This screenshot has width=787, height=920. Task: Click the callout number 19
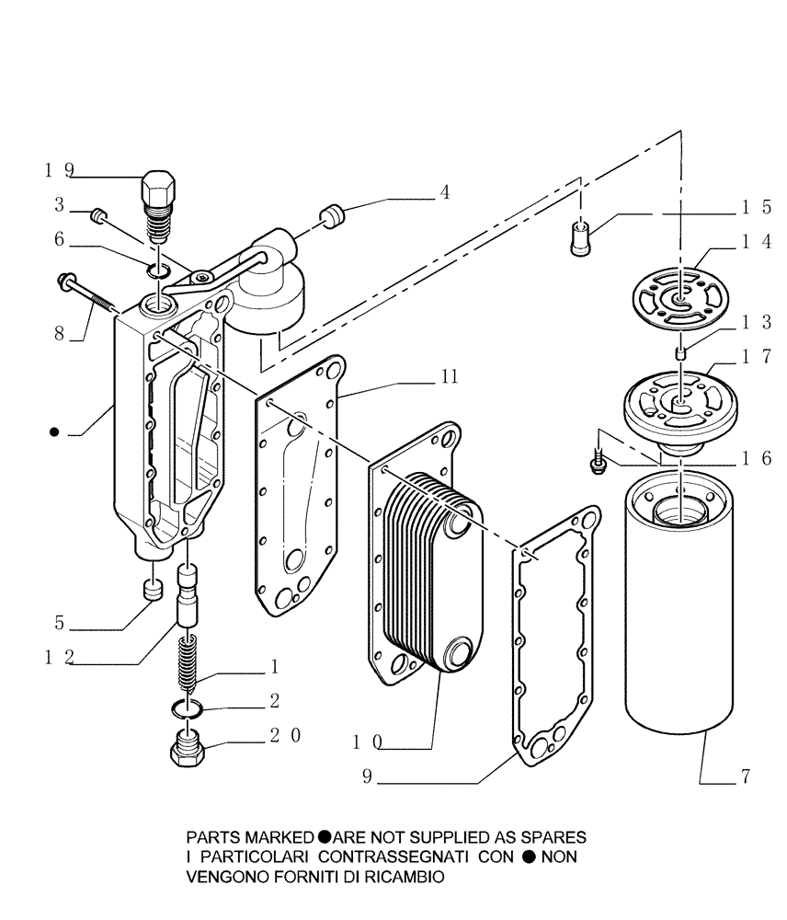coord(59,170)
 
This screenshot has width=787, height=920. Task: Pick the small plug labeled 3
coord(101,216)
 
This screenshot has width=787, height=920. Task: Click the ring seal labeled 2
coord(188,707)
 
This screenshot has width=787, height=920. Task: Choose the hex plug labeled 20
coord(188,751)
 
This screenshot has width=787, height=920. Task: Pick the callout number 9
coord(366,777)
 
